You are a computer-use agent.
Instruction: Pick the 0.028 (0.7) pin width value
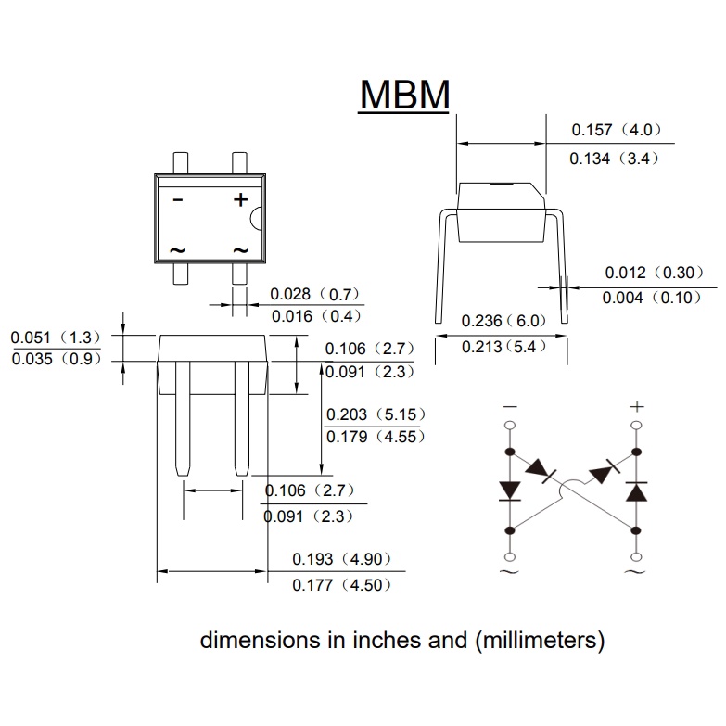pos(314,294)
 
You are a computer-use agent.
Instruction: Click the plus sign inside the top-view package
pos(240,198)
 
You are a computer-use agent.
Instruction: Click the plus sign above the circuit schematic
pos(636,406)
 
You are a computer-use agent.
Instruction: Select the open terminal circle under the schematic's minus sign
pos(509,427)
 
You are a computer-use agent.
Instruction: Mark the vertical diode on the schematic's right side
pos(636,490)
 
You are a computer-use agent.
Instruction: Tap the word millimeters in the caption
pos(547,640)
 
